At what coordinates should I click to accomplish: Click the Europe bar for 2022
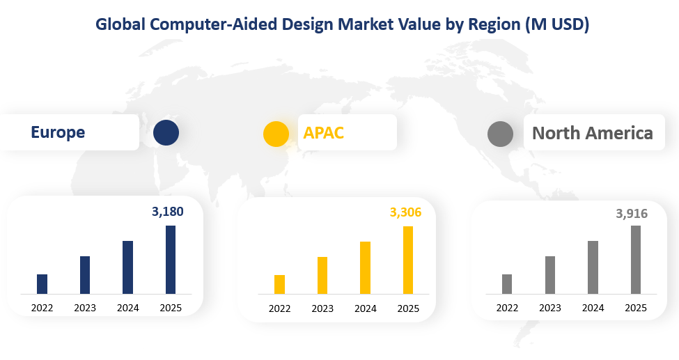42,284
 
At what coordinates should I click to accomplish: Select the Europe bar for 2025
171,260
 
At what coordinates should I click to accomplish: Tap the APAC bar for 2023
322,276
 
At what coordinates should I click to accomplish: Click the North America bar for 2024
593,267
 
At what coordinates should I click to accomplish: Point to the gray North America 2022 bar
507,284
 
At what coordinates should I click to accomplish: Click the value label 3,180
168,212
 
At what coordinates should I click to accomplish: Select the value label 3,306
405,212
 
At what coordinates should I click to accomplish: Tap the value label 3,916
632,214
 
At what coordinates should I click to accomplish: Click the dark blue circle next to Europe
166,132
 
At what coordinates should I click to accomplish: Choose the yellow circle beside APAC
276,133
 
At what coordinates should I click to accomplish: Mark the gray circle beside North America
500,133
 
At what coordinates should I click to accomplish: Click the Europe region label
58,132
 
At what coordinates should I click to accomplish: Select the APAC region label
324,132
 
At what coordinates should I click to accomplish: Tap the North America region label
593,133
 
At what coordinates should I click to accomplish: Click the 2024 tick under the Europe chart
128,308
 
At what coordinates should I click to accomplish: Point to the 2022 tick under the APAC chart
279,308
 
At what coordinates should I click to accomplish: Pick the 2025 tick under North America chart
635,308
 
